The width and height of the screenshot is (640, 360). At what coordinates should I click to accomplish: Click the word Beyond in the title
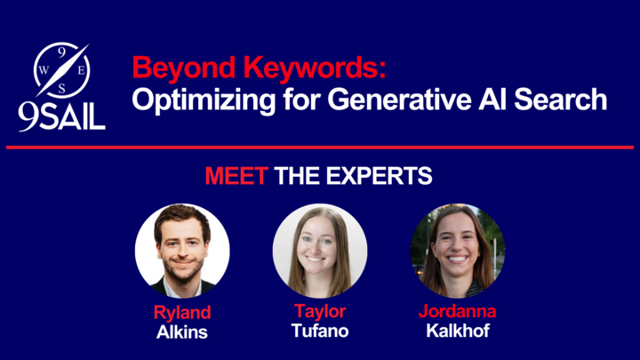coord(184,68)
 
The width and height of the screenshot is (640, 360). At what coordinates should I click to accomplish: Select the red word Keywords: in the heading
coord(315,67)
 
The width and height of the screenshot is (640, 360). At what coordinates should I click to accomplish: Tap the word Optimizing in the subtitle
coord(204,100)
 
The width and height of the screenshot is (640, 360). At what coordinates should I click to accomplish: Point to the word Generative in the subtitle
coord(400,100)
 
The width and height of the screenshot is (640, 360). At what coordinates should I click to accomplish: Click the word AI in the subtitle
coord(492,100)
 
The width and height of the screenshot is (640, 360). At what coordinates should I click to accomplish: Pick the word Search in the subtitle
coord(560,100)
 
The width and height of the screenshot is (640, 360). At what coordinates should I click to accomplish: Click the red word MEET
coord(236,176)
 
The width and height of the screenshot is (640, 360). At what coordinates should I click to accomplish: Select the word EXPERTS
coord(379,176)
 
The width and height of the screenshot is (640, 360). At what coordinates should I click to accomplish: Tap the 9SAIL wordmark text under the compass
coord(61,116)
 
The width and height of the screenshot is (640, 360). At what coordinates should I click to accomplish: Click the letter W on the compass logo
coord(44,70)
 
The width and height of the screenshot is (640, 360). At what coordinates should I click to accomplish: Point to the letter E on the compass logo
coord(81,70)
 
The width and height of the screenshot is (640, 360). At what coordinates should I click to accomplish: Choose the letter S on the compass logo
coord(61,89)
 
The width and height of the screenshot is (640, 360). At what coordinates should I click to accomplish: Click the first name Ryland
coord(182,313)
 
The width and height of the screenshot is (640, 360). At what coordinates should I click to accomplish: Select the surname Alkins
coord(182,332)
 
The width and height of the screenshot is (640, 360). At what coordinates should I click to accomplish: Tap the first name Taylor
coord(320,312)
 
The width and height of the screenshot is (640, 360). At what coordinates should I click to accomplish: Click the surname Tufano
coord(320,331)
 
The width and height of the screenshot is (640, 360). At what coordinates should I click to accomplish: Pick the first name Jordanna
coord(457,311)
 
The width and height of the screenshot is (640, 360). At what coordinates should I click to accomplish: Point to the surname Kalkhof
coord(458,331)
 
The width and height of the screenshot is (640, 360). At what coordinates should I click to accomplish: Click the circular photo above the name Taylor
coord(320,251)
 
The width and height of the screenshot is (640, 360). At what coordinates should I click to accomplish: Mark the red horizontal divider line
coord(320,148)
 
